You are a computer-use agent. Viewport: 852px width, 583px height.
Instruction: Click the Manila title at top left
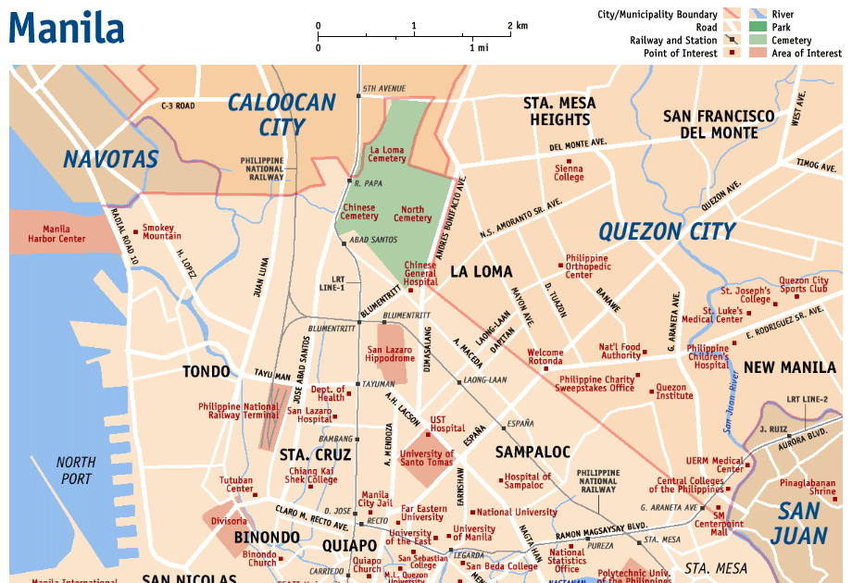(x=67, y=28)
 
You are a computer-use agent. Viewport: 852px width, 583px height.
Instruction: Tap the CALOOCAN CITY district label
(x=282, y=115)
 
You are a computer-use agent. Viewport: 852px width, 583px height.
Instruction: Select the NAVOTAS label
(x=111, y=159)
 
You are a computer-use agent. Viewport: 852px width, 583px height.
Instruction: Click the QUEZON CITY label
(x=667, y=231)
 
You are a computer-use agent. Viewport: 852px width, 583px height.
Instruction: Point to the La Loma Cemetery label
(x=388, y=154)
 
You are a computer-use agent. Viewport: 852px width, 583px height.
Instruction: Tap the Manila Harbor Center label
(x=64, y=234)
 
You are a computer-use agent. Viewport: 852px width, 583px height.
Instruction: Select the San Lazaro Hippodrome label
(x=390, y=354)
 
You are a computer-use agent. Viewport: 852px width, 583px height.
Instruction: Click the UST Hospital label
(x=447, y=424)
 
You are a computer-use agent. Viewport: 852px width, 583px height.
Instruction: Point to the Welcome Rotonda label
(x=545, y=357)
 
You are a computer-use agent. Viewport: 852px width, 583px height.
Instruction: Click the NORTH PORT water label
(x=75, y=470)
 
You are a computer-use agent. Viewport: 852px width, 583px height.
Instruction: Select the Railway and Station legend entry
(x=673, y=40)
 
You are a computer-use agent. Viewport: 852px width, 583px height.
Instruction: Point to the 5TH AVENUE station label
(x=384, y=88)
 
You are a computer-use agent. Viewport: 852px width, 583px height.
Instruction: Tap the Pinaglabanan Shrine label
(x=808, y=487)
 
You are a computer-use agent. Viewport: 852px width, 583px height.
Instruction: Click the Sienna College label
(x=569, y=173)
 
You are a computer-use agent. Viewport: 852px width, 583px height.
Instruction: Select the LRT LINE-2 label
(x=807, y=399)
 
